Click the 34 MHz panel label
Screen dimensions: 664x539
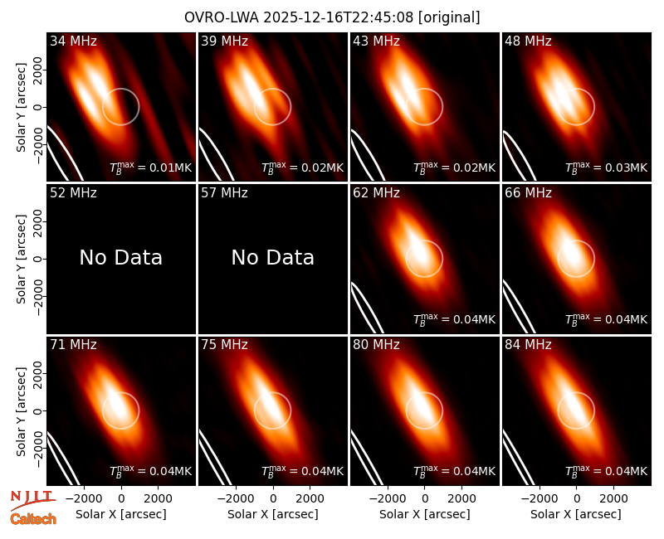(x=73, y=41)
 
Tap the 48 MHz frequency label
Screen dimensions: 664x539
(x=528, y=41)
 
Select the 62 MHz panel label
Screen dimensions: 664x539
(x=376, y=193)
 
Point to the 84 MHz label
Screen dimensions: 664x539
(x=528, y=345)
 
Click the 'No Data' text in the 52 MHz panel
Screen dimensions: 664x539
(x=120, y=257)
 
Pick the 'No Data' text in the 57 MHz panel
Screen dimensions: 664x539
(x=273, y=257)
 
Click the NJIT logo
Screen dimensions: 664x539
(x=32, y=500)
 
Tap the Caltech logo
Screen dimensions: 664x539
(x=33, y=519)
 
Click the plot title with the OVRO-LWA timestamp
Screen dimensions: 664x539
(x=332, y=17)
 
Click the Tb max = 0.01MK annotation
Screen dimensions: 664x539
(x=151, y=168)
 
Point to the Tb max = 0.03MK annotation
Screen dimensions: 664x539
(x=607, y=168)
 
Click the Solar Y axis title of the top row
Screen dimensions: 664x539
(x=21, y=108)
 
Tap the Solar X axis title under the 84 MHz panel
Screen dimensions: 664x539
(x=576, y=514)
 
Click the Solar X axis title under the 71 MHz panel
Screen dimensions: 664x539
(x=120, y=514)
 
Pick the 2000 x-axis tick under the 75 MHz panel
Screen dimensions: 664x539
(x=310, y=498)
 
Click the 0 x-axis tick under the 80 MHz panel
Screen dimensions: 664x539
(x=425, y=498)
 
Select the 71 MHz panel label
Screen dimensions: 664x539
(x=73, y=345)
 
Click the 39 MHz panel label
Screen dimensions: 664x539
(x=224, y=41)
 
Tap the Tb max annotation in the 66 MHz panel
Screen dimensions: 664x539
(x=607, y=319)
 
